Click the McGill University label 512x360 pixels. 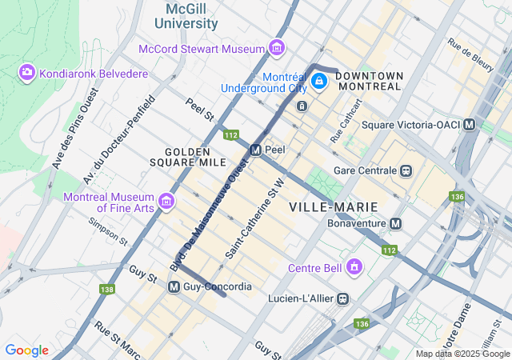tap(191, 16)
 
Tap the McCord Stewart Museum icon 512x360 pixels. tap(277, 49)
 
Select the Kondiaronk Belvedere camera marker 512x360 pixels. tap(27, 74)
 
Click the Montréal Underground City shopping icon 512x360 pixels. tap(318, 81)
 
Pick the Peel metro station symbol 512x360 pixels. tap(255, 150)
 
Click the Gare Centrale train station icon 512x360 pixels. tap(407, 170)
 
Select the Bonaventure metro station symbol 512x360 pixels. tap(395, 223)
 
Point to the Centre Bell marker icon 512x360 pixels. tap(354, 266)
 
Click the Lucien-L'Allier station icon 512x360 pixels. tap(343, 298)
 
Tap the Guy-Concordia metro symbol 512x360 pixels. tap(174, 286)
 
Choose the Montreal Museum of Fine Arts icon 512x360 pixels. tap(166, 200)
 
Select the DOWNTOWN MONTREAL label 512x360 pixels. tap(369, 81)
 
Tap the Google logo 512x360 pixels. tap(26, 350)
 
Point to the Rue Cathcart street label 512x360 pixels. tap(346, 121)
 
